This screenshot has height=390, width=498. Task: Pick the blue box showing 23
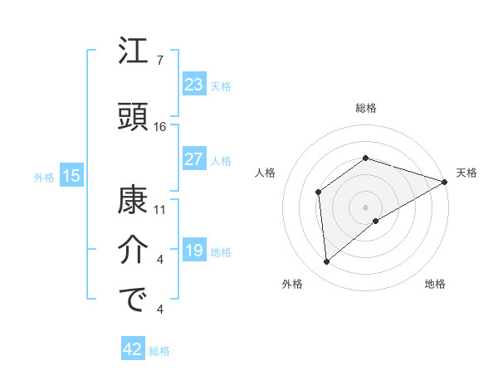point(193,85)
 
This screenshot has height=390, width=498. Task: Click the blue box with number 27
point(193,159)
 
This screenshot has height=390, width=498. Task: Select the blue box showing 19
point(193,251)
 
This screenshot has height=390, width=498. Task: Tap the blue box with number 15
point(71,176)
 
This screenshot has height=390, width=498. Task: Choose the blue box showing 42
point(133,349)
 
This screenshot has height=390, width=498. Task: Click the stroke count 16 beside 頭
point(160,126)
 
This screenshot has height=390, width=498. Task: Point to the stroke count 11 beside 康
point(160,209)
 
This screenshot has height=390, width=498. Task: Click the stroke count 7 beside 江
point(159,61)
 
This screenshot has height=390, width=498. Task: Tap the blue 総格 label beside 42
point(160,351)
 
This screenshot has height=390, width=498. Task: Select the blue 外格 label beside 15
point(44,177)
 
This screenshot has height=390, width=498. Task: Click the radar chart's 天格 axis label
point(467,173)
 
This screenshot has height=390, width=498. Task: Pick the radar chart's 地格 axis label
point(435,285)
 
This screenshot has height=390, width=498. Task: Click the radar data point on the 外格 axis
point(327,262)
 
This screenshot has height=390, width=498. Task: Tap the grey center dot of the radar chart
point(365,207)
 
